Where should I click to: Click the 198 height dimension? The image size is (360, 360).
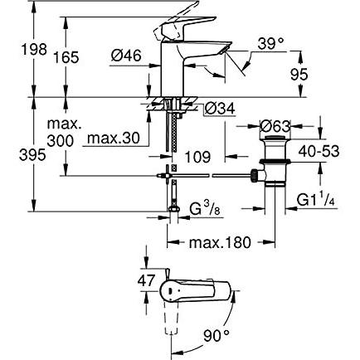pos(34,50)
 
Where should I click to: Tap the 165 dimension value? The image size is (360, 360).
pos(66,57)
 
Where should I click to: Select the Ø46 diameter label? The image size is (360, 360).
pos(126,56)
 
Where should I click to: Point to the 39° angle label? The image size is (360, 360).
pos(270,44)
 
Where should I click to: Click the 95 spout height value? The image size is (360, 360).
pos(299,75)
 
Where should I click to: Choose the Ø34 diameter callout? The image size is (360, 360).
pos(220,109)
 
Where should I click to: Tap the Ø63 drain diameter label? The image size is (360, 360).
pos(275,126)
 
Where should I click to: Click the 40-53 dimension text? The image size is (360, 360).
pos(319,152)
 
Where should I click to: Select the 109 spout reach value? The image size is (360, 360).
pos(197,158)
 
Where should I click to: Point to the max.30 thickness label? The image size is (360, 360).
pos(114,138)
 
